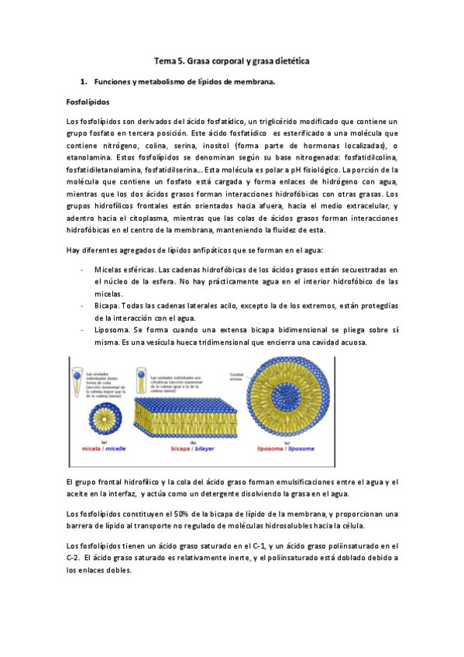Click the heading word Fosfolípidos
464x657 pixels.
tap(88, 101)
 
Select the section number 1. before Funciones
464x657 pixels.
tap(84, 81)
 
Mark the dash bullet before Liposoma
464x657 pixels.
tap(82, 330)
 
